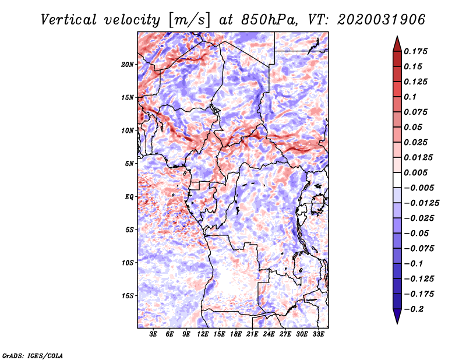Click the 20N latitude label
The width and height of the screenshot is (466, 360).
click(128, 65)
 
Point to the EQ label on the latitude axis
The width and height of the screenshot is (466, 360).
click(129, 197)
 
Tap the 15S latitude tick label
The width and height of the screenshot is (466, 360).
click(128, 296)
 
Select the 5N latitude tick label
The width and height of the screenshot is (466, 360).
click(129, 164)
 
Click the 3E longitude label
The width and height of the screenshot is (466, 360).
click(153, 334)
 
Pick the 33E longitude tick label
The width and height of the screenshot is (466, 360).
click(318, 334)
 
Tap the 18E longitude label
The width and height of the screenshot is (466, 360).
click(236, 334)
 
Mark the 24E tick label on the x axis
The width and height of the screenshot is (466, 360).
click(269, 334)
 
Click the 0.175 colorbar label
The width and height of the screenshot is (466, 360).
click(415, 51)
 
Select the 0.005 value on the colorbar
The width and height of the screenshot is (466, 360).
click(415, 172)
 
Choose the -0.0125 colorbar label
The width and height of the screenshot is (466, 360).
click(421, 203)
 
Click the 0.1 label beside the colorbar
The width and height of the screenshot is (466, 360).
click(410, 97)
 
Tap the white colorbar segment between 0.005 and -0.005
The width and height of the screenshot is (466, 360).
click(397, 180)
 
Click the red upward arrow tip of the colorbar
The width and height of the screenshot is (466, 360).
click(397, 37)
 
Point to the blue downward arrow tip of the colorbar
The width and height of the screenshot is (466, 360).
click(397, 323)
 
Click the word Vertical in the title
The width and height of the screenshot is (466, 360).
click(69, 20)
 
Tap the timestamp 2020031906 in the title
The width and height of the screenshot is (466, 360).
click(382, 20)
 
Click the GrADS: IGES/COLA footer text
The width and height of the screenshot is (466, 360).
click(33, 355)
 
